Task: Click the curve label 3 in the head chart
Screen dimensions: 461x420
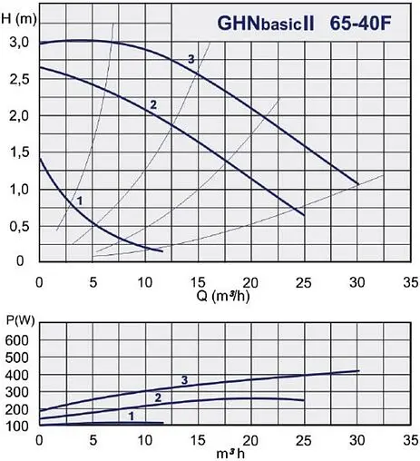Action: click(x=191, y=59)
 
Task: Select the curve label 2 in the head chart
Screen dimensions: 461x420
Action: click(x=153, y=104)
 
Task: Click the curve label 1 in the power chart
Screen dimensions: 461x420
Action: click(x=132, y=415)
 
